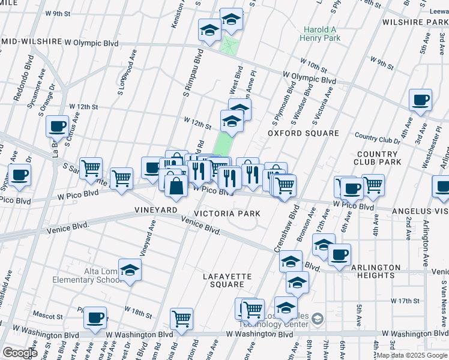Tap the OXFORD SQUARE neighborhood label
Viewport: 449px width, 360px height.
[x=303, y=133]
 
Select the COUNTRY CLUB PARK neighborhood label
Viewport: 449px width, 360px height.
[x=378, y=158]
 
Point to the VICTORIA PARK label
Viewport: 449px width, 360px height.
[x=227, y=214]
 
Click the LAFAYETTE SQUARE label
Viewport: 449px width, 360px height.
[x=227, y=280]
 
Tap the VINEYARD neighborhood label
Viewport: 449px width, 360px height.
[x=156, y=210]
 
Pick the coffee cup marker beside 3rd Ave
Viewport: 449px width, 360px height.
[x=420, y=100]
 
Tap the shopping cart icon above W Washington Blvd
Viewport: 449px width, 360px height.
[x=181, y=319]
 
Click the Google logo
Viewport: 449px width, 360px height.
[x=19, y=352]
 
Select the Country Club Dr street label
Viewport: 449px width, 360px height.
[x=378, y=140]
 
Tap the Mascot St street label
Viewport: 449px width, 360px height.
[x=48, y=316]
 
